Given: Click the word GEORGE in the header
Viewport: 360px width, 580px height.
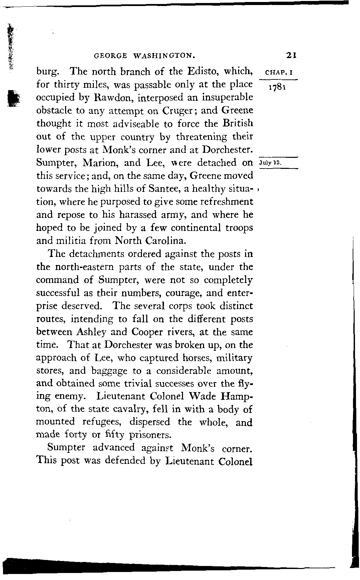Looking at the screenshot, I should click(x=111, y=55).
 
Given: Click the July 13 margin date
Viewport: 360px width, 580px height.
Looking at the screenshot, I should click(x=270, y=163).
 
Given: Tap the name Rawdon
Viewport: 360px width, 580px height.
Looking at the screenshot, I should click(x=107, y=97).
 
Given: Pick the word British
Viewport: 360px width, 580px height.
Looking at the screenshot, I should click(x=238, y=123).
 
